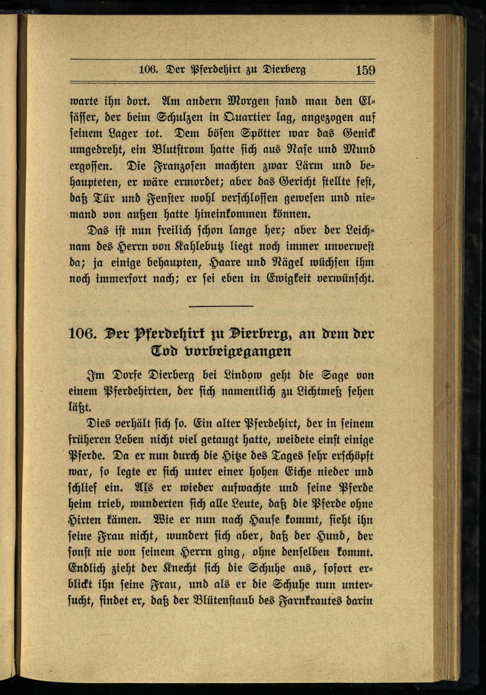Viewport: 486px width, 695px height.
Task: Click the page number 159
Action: click(x=365, y=70)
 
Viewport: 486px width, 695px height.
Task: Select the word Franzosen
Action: click(x=181, y=166)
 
